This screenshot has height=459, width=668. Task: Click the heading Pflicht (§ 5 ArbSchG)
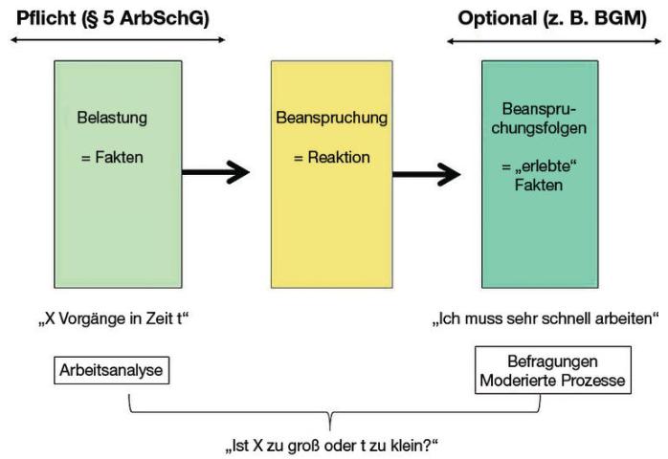(113, 19)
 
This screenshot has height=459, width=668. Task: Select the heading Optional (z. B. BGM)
(552, 19)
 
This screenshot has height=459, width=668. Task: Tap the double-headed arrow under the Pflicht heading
(118, 40)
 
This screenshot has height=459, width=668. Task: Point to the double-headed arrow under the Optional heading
(554, 41)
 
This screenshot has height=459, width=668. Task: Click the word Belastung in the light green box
(112, 118)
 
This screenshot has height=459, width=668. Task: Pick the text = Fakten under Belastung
(112, 157)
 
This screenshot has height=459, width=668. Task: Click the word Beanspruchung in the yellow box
(331, 118)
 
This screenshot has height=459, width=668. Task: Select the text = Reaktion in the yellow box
(331, 157)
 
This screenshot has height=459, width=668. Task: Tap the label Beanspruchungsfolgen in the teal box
(539, 119)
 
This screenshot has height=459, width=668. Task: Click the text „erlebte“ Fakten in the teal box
(539, 175)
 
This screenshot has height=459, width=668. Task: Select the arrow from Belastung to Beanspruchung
(215, 172)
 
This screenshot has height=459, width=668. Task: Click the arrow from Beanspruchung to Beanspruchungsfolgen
(427, 174)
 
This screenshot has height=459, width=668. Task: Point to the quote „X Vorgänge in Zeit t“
(113, 318)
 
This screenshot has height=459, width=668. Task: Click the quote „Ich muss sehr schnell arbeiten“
(546, 318)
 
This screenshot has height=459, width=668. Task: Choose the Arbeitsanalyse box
(112, 370)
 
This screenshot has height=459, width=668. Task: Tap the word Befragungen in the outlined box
(552, 361)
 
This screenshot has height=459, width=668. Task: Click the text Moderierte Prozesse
(552, 381)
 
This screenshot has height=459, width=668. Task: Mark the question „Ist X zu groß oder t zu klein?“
(331, 447)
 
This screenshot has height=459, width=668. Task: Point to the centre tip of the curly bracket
(330, 430)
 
